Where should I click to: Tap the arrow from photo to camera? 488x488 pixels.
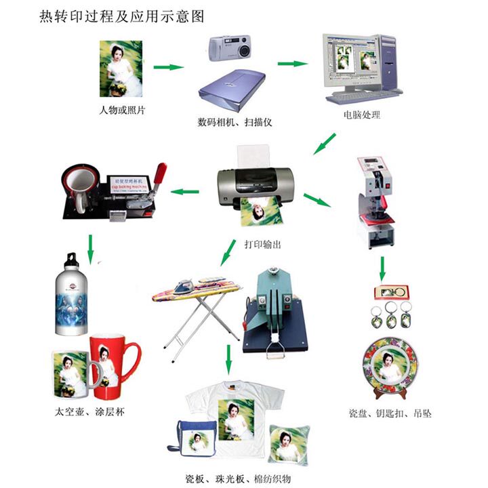(x=169, y=67)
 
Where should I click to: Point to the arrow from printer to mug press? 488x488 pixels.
(x=184, y=192)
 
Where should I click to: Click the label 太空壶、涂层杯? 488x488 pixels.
(x=89, y=412)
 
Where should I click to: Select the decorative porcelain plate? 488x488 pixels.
(x=389, y=370)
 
